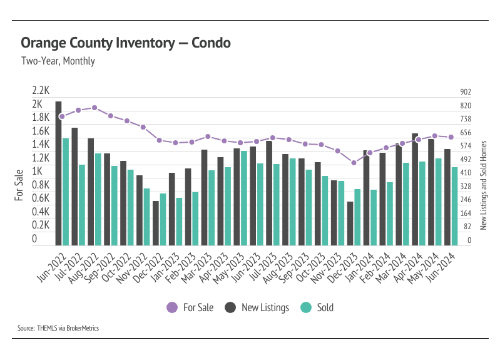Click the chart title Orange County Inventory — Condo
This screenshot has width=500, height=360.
tap(125, 43)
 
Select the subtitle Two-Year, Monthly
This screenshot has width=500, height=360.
tap(58, 61)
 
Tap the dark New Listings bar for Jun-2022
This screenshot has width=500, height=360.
tap(58, 173)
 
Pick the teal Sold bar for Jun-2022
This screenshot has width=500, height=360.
tap(66, 192)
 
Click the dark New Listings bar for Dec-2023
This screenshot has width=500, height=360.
tap(350, 223)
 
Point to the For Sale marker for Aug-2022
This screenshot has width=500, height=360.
tap(94, 108)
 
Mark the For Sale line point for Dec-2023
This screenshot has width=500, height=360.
tap(354, 163)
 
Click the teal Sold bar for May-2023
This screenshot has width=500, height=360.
tap(244, 198)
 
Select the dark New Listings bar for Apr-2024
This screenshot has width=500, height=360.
tap(415, 189)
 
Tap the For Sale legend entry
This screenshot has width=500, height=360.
tap(190, 307)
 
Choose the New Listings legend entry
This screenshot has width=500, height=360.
tap(257, 307)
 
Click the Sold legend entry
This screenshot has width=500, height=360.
tap(317, 307)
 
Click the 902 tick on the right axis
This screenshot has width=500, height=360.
tap(465, 92)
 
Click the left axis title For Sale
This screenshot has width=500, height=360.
tap(19, 185)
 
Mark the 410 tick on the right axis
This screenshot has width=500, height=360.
tap(465, 173)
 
